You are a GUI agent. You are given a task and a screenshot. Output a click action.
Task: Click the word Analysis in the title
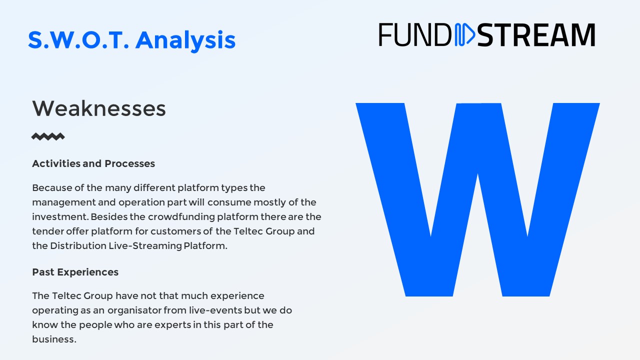click(185, 40)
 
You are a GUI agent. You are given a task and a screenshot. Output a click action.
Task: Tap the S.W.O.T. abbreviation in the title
click(78, 39)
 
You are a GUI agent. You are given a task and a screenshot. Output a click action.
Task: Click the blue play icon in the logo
click(464, 34)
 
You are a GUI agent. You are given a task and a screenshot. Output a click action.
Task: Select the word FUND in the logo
click(415, 34)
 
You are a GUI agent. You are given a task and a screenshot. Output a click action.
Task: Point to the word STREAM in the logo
click(536, 35)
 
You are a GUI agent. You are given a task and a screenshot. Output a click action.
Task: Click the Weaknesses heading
click(99, 108)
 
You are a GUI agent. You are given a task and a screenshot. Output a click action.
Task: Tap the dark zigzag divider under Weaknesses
click(48, 136)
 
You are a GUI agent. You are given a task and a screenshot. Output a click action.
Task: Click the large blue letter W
click(477, 199)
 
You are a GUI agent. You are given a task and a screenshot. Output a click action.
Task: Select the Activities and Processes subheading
click(93, 163)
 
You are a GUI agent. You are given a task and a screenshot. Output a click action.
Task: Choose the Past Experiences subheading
click(75, 272)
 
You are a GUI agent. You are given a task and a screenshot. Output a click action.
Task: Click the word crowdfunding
click(181, 217)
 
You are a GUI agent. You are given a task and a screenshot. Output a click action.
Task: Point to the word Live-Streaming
click(145, 245)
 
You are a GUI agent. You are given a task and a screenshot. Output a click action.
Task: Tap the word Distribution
click(78, 245)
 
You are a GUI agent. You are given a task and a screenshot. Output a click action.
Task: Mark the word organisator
click(134, 310)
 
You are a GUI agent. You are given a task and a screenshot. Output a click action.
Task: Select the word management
click(63, 202)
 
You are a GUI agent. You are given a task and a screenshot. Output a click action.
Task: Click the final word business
click(54, 339)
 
